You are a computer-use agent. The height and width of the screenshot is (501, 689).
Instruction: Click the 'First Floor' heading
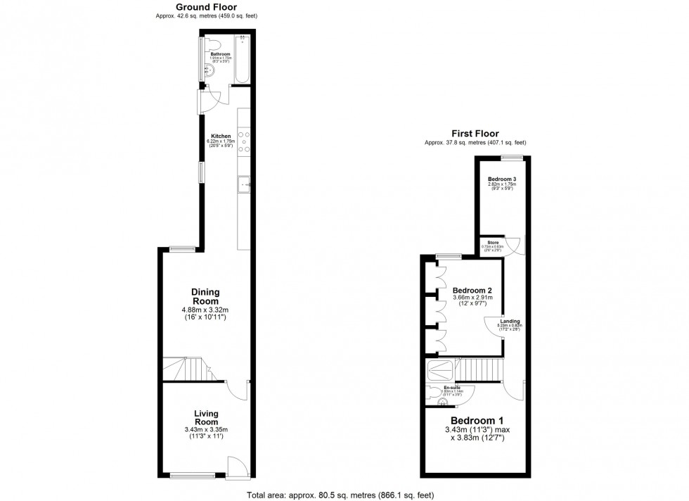tap(475, 133)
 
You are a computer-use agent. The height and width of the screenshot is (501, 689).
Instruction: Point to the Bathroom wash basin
tap(212, 70)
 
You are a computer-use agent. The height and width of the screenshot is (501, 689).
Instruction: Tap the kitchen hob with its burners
tap(245, 142)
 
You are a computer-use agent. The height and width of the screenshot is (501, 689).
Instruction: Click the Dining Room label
tap(206, 297)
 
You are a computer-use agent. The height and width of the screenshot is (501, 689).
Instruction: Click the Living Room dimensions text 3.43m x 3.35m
tap(207, 429)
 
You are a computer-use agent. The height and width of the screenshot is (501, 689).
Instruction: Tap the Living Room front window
tap(192, 476)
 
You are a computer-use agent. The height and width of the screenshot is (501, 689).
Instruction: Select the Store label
tap(494, 242)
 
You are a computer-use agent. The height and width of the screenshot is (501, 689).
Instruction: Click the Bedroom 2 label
tap(471, 291)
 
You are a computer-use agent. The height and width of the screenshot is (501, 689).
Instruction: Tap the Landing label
tap(510, 322)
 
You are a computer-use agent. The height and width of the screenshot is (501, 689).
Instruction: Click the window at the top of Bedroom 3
tap(511, 157)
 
